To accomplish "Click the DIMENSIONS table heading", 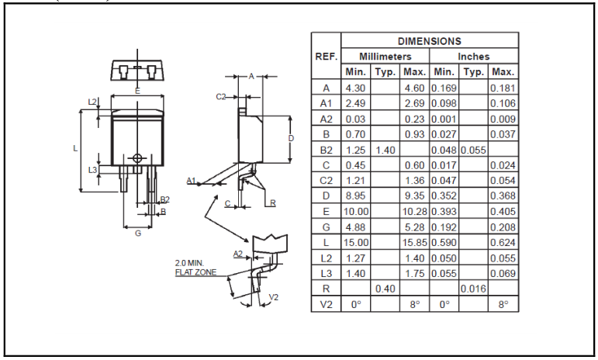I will [429, 41].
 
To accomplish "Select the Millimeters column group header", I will [385, 57].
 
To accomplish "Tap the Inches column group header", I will [473, 57].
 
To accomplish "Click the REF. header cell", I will [326, 57].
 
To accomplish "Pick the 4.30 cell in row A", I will [355, 88].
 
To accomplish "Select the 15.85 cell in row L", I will [414, 243].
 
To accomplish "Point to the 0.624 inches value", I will [503, 243].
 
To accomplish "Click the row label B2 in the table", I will [326, 150].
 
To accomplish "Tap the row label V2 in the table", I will [326, 305].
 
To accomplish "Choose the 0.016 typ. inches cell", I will [473, 289].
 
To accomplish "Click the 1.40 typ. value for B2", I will [385, 150].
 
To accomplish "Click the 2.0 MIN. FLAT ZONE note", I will [195, 268].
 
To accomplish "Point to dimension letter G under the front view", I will [137, 234].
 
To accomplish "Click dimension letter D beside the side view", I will [291, 138].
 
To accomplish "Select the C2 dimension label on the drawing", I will [220, 96].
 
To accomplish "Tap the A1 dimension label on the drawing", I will [191, 180].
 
